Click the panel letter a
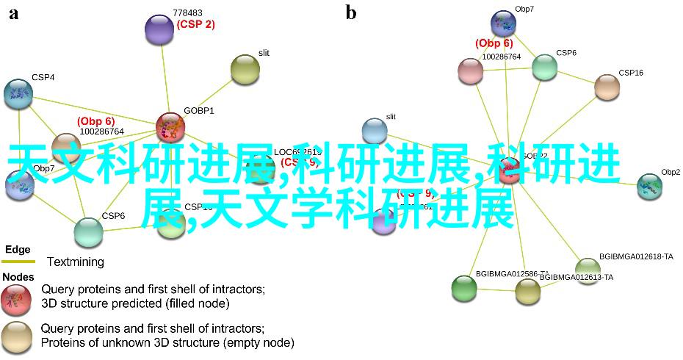point(13,12)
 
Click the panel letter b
point(351,12)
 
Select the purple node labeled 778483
point(160,29)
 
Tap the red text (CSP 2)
point(195,24)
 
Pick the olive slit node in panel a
point(245,69)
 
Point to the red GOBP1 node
point(170,126)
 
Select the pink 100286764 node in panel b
point(470,71)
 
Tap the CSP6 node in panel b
point(544,67)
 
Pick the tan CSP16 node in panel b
point(607,87)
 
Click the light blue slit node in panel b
point(375,131)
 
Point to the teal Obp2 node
point(649,187)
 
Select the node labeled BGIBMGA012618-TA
point(588,267)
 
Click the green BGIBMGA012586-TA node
point(464,289)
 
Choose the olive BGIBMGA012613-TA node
point(527,291)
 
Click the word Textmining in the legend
point(76,262)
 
